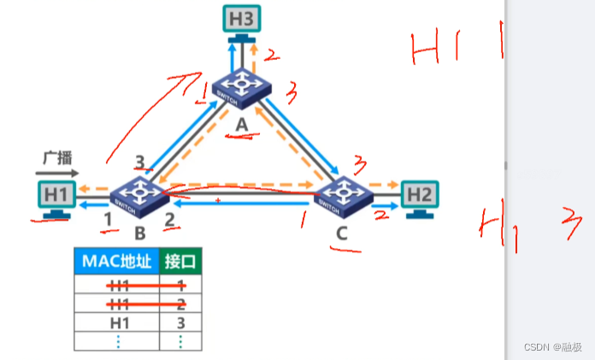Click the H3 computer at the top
pyautogui.click(x=242, y=20)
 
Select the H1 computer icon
pyautogui.click(x=56, y=195)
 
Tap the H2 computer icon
pyautogui.click(x=420, y=196)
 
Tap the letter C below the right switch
pyautogui.click(x=343, y=232)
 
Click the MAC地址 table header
pyautogui.click(x=117, y=260)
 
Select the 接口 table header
pyautogui.click(x=181, y=260)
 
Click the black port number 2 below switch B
pyautogui.click(x=169, y=221)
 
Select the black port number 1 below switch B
pyautogui.click(x=108, y=221)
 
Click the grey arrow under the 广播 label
pyautogui.click(x=56, y=173)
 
